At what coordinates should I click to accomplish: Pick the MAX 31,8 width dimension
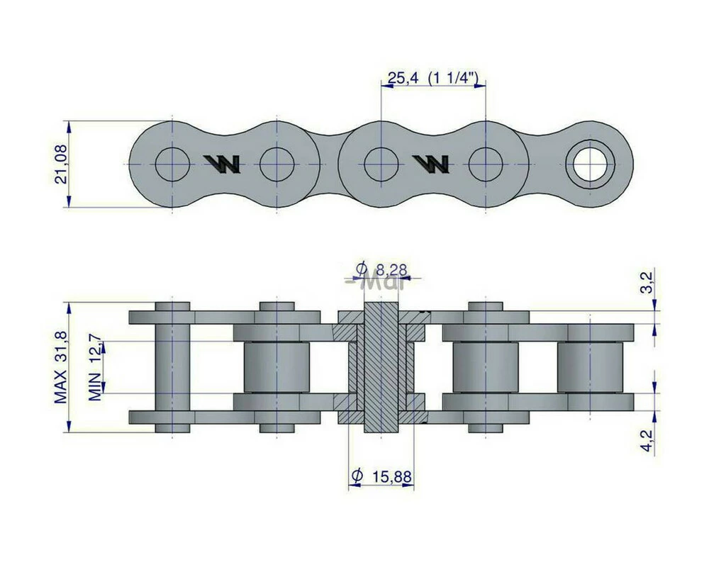(x=61, y=367)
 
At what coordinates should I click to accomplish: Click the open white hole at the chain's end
(x=590, y=164)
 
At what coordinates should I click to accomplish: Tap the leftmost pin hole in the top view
(x=172, y=164)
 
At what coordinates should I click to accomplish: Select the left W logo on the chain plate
(x=222, y=164)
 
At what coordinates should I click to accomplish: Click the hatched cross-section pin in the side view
(x=381, y=369)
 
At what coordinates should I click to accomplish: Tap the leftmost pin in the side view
(x=172, y=367)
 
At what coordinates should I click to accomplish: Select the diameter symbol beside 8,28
(x=362, y=269)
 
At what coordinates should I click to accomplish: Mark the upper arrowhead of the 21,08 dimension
(x=69, y=126)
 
